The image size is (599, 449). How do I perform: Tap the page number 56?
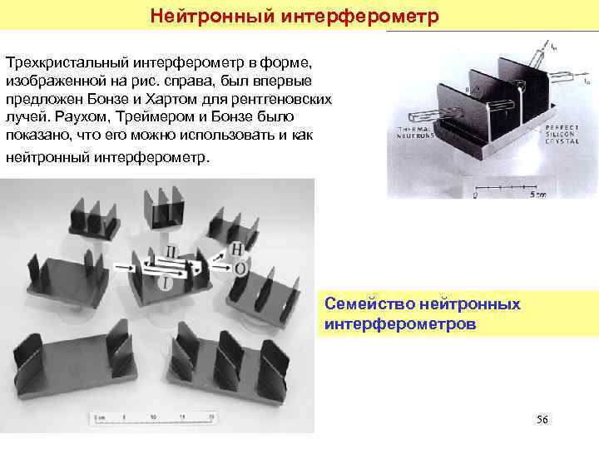click(x=542, y=419)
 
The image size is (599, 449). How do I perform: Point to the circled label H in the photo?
click(x=237, y=249)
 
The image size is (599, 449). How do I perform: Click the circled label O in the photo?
click(x=240, y=269)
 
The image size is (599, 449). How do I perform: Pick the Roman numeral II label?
click(x=171, y=251)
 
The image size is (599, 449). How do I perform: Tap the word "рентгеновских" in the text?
click(x=288, y=99)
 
